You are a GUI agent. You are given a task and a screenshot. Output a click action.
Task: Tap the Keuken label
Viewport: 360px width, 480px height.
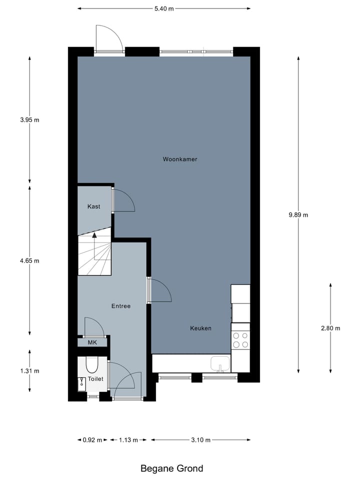[x=200, y=328]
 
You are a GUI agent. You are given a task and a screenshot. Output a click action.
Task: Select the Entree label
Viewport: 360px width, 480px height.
[x=120, y=306]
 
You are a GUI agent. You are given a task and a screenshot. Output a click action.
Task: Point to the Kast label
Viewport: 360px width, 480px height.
[x=93, y=206]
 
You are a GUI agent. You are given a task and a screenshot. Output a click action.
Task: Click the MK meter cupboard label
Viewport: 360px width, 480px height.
[x=92, y=342]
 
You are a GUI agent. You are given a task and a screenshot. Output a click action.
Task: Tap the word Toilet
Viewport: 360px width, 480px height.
[x=95, y=379]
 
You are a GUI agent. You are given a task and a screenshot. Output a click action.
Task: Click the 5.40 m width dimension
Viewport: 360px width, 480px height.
[x=164, y=8]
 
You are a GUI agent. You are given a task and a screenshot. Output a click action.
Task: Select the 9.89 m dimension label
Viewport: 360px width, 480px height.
[x=298, y=215]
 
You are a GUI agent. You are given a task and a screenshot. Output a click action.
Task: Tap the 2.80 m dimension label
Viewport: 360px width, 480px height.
[x=330, y=328]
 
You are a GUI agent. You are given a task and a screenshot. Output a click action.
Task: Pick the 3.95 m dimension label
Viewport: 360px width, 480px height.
[x=29, y=120]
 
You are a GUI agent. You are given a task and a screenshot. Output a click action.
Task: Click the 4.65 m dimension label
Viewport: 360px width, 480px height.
[x=29, y=260]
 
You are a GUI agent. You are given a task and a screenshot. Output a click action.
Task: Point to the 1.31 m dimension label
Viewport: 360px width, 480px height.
[x=29, y=371]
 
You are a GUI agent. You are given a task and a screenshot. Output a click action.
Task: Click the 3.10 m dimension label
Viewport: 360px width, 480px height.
[x=200, y=440]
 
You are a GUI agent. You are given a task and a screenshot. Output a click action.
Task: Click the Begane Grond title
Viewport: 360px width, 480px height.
[x=171, y=468]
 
